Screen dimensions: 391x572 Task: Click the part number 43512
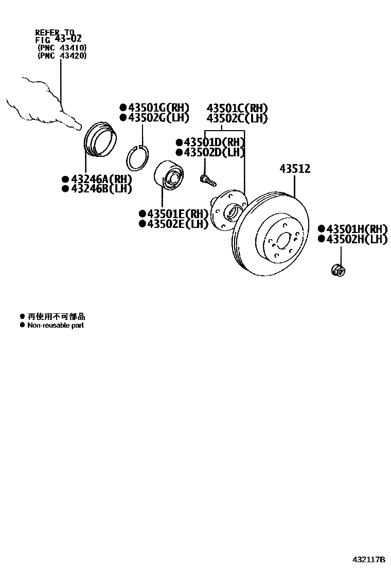(295, 169)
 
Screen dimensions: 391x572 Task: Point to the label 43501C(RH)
(237, 109)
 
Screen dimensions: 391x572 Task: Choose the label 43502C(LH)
(237, 118)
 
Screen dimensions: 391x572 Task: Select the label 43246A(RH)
(100, 179)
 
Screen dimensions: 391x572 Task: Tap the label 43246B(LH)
(100, 189)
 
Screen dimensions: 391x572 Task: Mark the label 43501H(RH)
(356, 229)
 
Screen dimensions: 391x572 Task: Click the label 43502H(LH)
(356, 239)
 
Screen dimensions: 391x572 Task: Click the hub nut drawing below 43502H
(337, 268)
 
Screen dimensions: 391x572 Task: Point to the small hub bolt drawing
(207, 180)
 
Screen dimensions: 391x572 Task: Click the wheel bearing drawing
(169, 176)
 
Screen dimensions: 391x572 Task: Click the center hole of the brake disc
(282, 240)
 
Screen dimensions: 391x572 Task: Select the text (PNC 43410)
(62, 48)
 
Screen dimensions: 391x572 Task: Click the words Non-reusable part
(56, 325)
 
